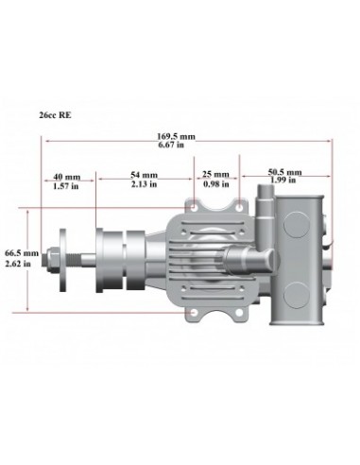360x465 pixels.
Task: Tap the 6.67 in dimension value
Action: click(x=176, y=146)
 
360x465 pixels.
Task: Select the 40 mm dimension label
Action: click(x=66, y=176)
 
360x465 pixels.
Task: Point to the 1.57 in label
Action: click(x=66, y=185)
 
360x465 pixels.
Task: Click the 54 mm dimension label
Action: click(x=144, y=176)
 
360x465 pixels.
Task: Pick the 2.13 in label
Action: click(x=144, y=185)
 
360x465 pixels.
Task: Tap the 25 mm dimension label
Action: click(x=215, y=174)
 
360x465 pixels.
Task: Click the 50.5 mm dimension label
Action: click(x=285, y=172)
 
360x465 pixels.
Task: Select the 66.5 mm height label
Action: click(x=21, y=253)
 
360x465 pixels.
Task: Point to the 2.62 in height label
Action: click(x=21, y=264)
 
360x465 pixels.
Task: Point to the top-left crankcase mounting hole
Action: click(x=196, y=205)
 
